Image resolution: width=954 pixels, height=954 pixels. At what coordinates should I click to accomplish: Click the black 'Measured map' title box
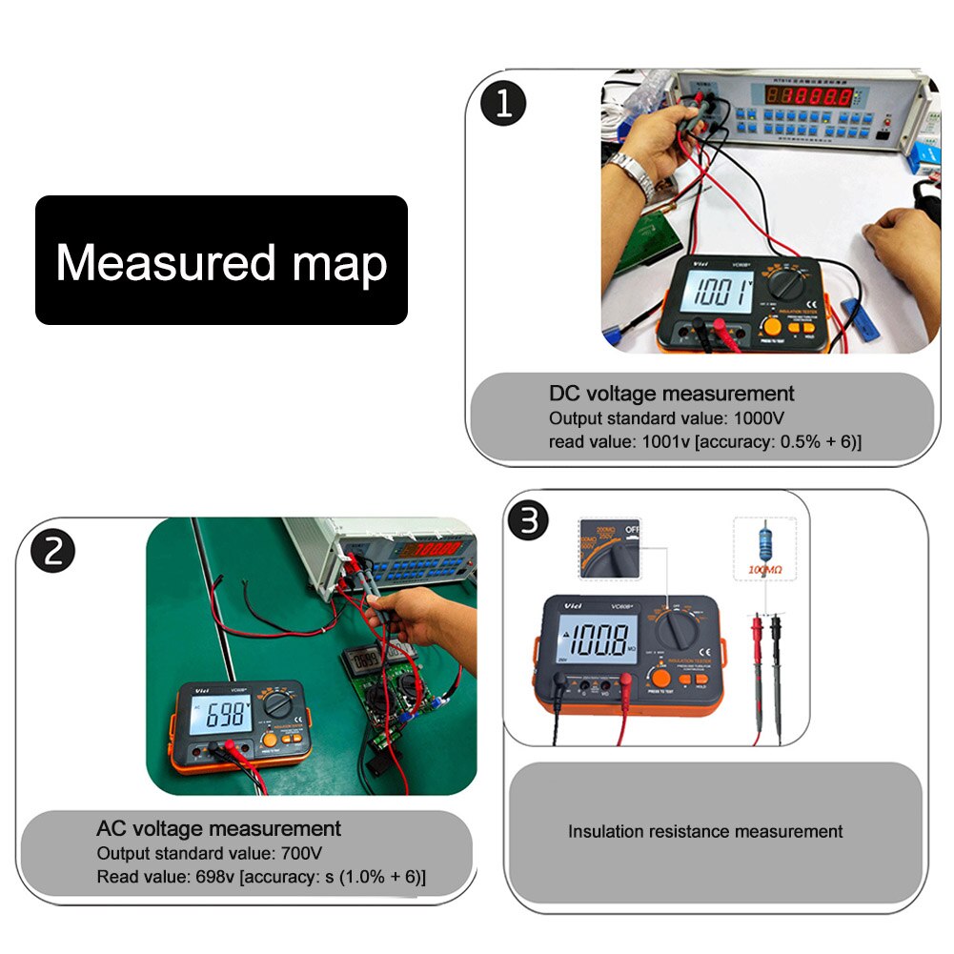[x=221, y=260]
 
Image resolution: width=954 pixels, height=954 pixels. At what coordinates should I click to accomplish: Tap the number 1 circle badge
[x=503, y=104]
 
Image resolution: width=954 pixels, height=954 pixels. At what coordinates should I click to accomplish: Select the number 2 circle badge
[x=52, y=550]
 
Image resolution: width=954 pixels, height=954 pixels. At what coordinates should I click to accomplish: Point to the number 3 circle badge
[x=529, y=521]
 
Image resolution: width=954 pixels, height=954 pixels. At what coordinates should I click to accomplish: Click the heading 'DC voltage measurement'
[x=671, y=393]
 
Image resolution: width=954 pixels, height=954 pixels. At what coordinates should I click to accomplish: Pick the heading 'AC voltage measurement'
[x=218, y=827]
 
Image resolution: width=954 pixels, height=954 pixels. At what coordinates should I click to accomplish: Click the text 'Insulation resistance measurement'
[x=705, y=831]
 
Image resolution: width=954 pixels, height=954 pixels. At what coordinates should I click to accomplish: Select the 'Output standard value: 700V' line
[x=201, y=852]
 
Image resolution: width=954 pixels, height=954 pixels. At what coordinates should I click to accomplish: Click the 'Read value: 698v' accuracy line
[x=261, y=876]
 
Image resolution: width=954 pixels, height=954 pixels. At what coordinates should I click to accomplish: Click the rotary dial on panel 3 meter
[x=682, y=628]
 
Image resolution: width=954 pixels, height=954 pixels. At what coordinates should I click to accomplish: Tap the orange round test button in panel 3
[x=657, y=678]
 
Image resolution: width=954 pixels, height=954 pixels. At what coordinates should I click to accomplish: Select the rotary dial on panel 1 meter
[x=793, y=284]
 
